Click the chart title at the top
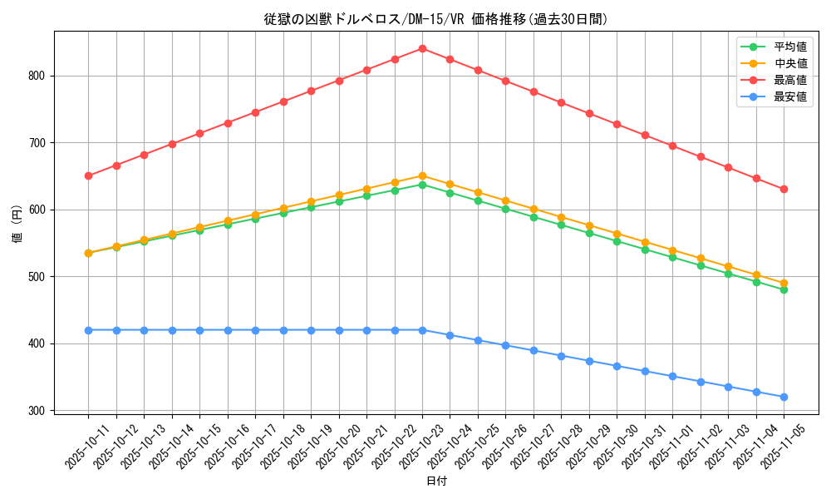point(436,19)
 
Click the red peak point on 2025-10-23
point(422,48)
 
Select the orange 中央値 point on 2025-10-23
point(422,175)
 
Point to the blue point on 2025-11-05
point(784,397)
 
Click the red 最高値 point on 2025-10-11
point(88,175)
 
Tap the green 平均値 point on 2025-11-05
point(784,289)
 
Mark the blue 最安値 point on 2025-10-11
point(88,330)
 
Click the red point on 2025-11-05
point(784,189)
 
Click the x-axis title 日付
point(436,482)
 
